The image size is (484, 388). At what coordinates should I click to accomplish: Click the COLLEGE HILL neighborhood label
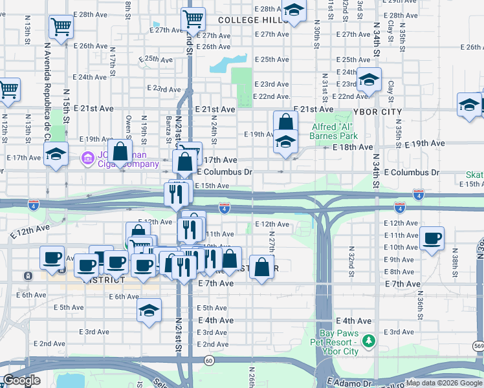coord(253,20)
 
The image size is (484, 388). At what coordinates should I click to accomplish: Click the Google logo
coord(21,380)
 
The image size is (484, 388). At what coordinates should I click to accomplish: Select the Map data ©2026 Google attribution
coord(443,383)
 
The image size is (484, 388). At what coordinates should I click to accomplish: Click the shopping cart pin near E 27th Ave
coord(193,19)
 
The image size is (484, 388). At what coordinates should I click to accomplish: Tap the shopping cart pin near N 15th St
coord(61,27)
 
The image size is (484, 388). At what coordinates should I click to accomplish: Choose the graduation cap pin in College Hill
coord(294,10)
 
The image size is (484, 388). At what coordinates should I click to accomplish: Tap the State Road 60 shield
coord(209,361)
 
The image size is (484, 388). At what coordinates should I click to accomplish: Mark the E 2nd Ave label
coord(214,345)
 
